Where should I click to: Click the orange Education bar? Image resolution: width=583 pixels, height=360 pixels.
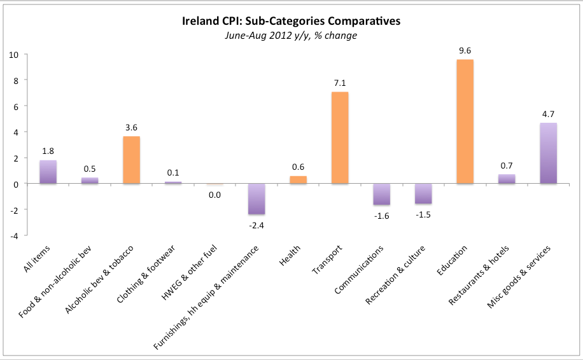point(464,121)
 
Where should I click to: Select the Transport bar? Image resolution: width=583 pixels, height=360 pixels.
point(339,138)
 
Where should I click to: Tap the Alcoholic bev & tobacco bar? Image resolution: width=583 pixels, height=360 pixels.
point(131,160)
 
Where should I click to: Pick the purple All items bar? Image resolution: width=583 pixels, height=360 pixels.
point(48,172)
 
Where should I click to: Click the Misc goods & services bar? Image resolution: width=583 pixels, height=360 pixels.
point(548,153)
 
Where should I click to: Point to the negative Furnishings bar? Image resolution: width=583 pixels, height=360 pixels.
point(256,198)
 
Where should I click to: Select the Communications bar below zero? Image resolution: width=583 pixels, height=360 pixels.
point(381,194)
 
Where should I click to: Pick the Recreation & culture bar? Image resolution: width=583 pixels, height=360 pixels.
point(423,193)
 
